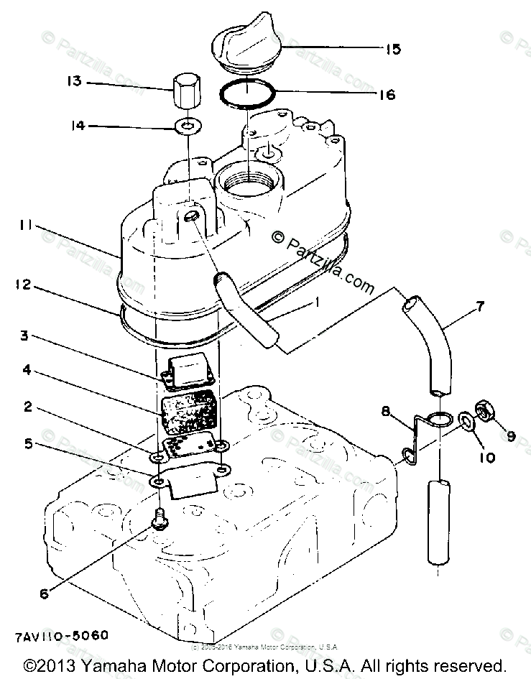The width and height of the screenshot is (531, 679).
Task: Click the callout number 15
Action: click(x=392, y=50)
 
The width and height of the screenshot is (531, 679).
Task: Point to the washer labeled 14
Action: click(x=186, y=129)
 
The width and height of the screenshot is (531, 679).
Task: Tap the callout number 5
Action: click(x=29, y=443)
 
